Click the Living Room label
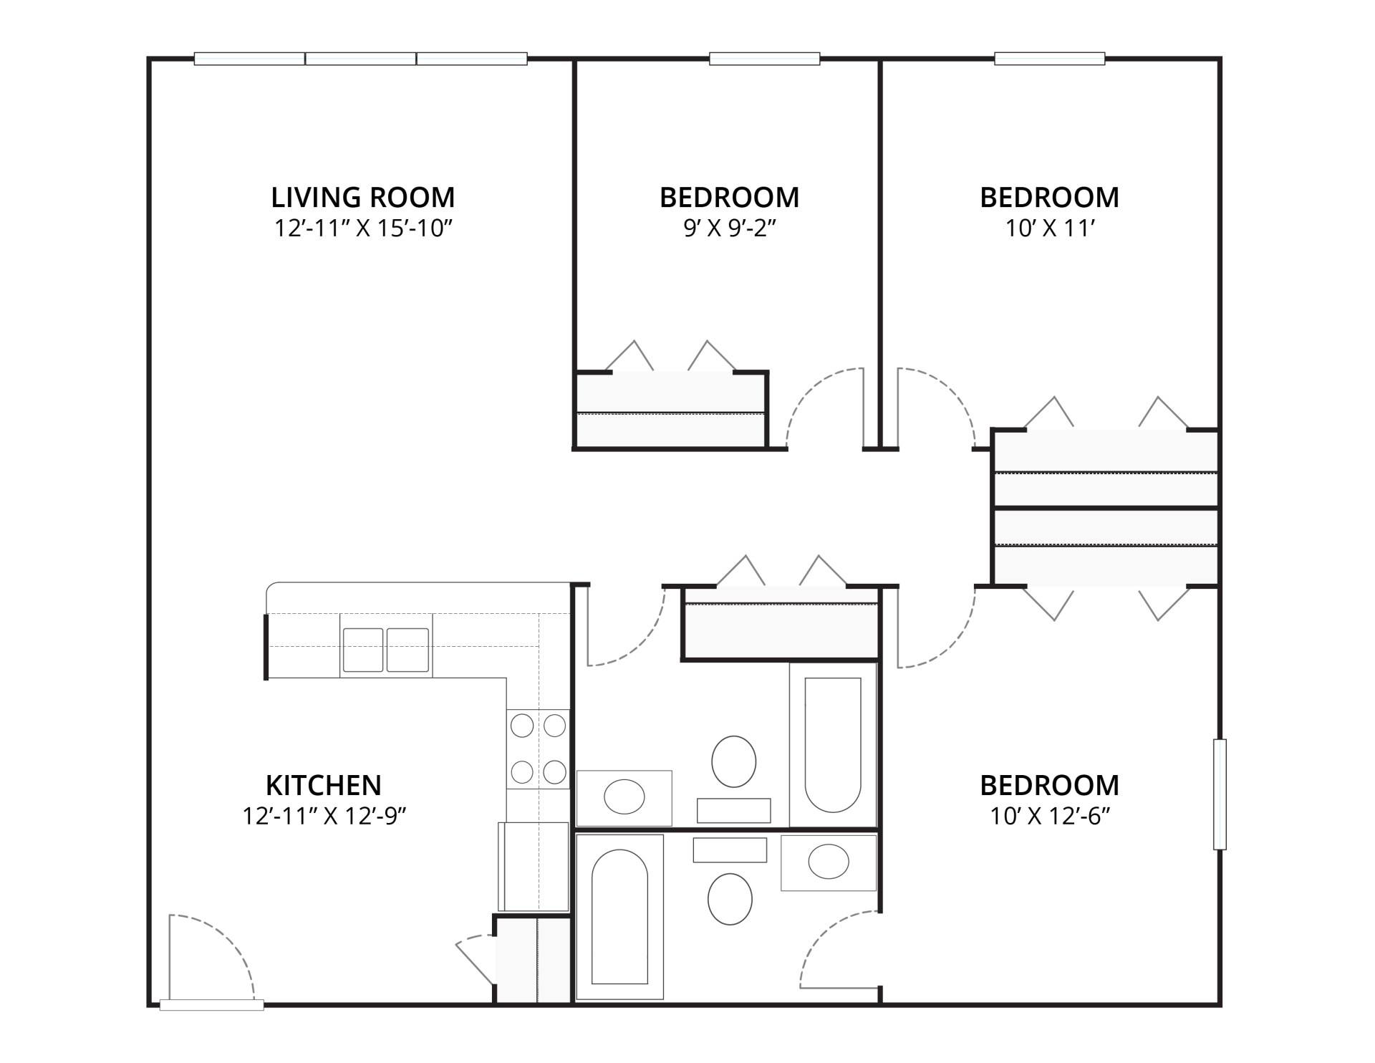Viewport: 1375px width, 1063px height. click(x=363, y=197)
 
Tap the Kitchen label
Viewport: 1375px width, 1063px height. click(x=324, y=785)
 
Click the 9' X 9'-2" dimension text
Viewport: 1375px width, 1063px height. click(x=730, y=228)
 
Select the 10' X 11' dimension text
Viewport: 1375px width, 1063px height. click(x=1050, y=228)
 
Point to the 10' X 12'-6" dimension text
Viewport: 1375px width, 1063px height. click(x=1050, y=816)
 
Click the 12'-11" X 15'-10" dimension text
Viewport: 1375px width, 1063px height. click(x=363, y=228)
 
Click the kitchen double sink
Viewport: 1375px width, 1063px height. click(x=386, y=650)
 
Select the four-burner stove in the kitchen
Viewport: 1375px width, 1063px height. click(x=538, y=749)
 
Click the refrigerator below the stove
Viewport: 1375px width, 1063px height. click(x=534, y=867)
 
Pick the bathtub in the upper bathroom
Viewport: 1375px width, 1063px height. click(x=833, y=744)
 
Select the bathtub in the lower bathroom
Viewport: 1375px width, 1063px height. click(x=620, y=917)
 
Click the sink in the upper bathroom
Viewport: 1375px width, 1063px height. click(x=624, y=797)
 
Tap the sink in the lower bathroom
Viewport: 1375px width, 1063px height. click(x=829, y=862)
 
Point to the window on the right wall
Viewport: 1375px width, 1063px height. click(x=1220, y=794)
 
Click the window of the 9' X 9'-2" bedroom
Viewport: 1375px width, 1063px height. click(x=764, y=59)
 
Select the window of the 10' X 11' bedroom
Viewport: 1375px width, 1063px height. click(x=1049, y=59)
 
